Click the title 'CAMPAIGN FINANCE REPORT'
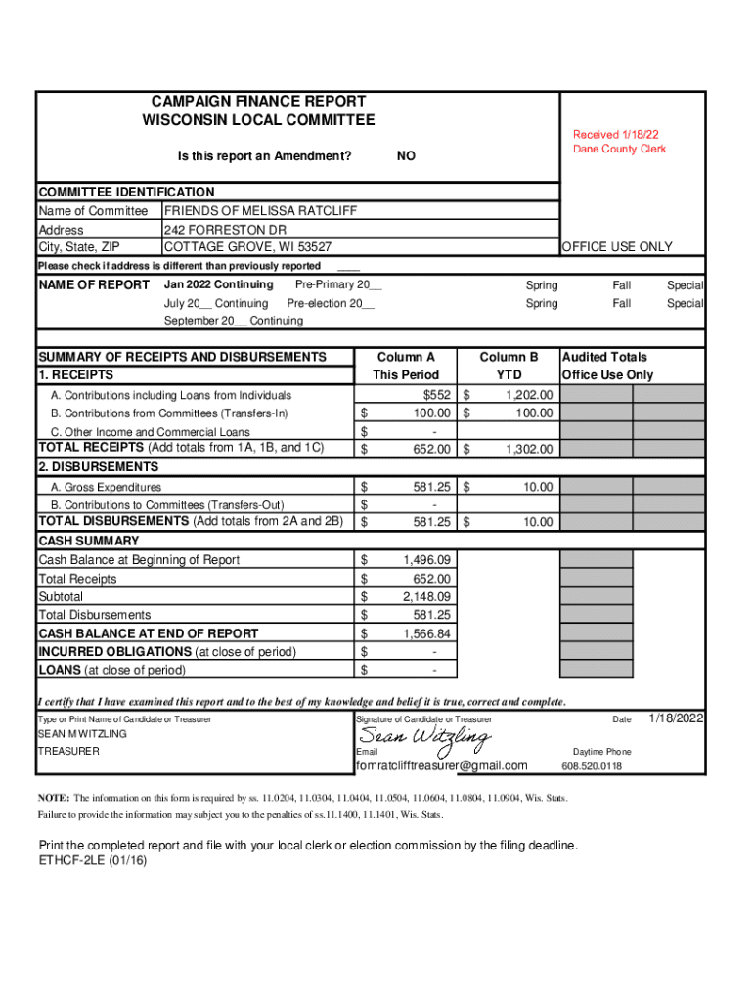[258, 101]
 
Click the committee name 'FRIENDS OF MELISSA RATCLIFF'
[260, 211]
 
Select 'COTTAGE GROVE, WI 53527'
[247, 247]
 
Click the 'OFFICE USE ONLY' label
[617, 247]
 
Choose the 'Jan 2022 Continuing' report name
[218, 285]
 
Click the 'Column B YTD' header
[509, 366]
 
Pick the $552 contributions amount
[437, 395]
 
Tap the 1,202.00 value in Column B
[528, 395]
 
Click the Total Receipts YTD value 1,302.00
[528, 450]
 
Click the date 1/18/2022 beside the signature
[676, 719]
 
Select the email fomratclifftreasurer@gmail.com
[442, 766]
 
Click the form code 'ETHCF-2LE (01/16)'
[93, 862]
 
